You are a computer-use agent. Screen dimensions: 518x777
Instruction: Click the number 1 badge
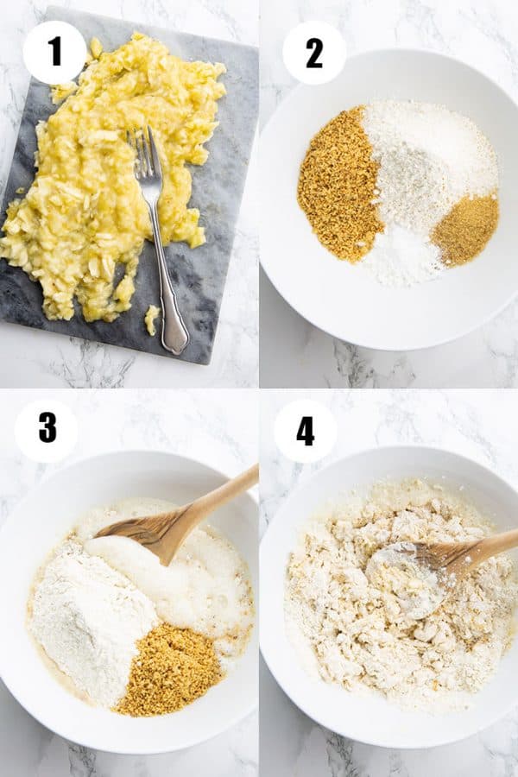click(54, 53)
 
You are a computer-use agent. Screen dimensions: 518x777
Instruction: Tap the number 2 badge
click(314, 53)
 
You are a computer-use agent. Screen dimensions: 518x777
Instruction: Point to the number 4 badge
click(306, 431)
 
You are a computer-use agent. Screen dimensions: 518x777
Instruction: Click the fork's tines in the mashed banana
click(142, 151)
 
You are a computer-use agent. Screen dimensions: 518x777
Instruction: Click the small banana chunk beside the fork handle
click(152, 319)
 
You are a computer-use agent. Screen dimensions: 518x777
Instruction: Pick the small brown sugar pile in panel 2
click(464, 230)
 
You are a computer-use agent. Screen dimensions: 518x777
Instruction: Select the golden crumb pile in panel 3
click(169, 669)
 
